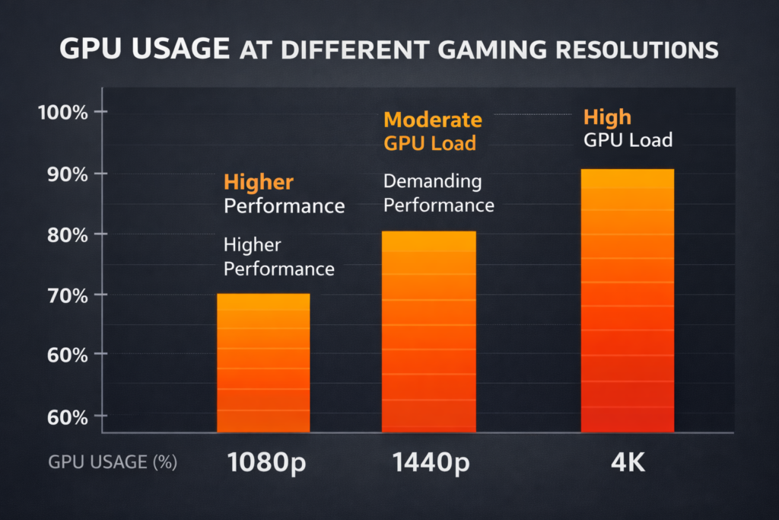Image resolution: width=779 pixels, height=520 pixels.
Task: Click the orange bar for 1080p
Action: click(263, 363)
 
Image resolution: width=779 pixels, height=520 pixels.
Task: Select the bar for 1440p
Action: click(428, 332)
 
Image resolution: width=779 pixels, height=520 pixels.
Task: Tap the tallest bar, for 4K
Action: click(627, 301)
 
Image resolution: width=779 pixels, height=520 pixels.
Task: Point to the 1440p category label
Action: click(428, 463)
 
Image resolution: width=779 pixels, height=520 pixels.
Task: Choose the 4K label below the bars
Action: click(627, 463)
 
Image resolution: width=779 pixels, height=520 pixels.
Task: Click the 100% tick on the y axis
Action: click(62, 113)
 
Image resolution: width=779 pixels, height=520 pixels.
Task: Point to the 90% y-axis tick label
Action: click(65, 174)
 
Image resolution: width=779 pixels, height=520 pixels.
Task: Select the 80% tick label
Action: click(65, 234)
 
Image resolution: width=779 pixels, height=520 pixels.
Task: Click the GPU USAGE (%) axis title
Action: click(113, 463)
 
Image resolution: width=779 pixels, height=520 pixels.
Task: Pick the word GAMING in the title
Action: click(513, 50)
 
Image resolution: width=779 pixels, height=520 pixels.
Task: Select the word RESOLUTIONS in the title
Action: click(647, 50)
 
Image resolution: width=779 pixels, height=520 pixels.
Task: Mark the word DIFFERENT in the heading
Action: click(364, 50)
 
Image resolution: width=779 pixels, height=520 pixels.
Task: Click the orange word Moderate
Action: click(432, 120)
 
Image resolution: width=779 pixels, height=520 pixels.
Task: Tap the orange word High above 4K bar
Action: click(607, 117)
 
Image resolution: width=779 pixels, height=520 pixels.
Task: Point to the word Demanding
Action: click(432, 182)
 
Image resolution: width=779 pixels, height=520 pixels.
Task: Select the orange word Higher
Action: click(258, 183)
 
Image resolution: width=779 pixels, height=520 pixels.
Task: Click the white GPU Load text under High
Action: click(628, 140)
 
